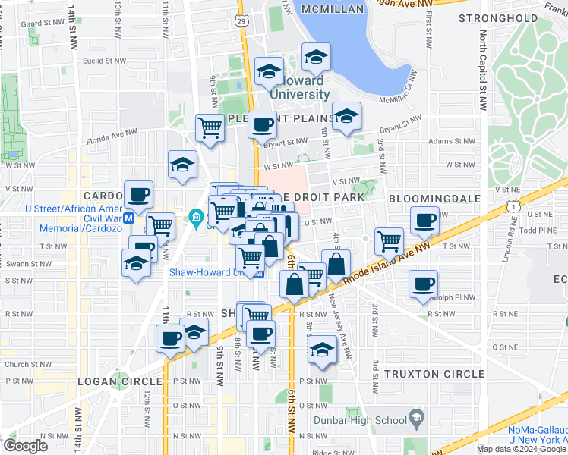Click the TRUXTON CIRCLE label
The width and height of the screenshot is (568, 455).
(x=434, y=374)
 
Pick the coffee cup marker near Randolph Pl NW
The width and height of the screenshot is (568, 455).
(x=423, y=284)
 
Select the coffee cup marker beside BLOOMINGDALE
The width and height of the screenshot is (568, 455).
(x=424, y=220)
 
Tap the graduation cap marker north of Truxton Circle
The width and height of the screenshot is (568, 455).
(x=322, y=349)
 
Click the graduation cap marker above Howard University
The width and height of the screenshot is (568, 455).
(x=315, y=57)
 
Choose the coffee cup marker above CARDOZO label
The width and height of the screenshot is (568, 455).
(x=139, y=194)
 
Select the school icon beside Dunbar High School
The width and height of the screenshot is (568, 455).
(x=416, y=418)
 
